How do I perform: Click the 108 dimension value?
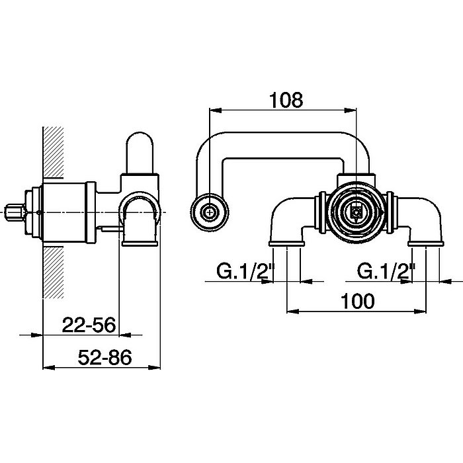point(286,100)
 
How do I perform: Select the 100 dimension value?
point(357,302)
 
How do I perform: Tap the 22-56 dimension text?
point(89,325)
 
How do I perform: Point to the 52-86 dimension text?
point(105,357)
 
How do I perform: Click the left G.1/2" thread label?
point(245,271)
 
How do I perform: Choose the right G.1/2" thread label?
point(386,271)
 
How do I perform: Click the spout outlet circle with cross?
point(210,212)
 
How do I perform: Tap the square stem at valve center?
point(357,212)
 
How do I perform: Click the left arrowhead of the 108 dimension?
point(216,110)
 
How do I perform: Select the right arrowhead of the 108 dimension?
point(351,110)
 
